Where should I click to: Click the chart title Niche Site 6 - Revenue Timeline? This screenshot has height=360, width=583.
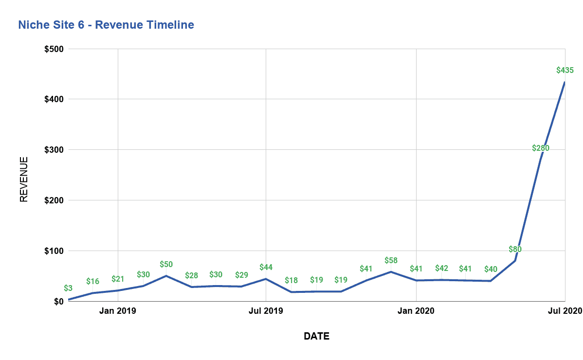106,25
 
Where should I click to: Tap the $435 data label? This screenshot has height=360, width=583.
565,70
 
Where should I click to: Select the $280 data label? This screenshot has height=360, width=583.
540,148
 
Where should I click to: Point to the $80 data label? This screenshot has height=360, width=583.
515,249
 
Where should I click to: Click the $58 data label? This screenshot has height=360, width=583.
391,260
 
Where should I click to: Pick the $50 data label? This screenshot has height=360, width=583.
166,264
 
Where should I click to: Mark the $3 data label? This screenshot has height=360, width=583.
69,288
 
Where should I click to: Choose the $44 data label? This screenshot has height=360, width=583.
266,267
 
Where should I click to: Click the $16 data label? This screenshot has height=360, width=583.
92,281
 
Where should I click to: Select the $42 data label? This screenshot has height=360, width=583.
441,268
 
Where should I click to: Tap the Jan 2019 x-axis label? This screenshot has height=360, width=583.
118,311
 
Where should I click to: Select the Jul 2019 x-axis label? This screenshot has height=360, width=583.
266,311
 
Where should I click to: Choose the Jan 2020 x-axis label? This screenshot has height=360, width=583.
416,311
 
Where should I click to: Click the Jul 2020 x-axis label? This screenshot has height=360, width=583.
565,311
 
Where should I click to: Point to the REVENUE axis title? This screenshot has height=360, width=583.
24,179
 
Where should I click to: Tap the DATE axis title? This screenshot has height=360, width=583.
316,336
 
